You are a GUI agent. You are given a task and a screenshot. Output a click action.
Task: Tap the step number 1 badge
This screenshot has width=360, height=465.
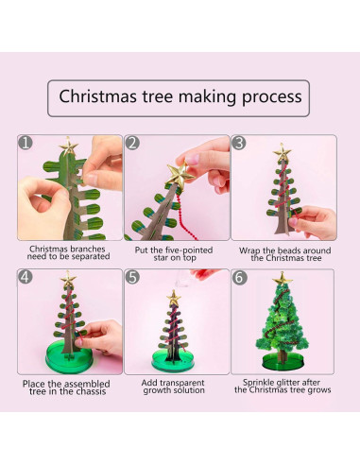click(x=26, y=144)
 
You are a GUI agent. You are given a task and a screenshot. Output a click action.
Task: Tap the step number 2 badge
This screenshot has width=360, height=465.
click(x=133, y=144)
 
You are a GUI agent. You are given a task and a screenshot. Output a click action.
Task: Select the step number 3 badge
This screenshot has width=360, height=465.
click(x=239, y=144)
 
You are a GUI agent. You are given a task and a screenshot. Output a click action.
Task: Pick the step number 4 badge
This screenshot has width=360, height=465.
click(x=26, y=278)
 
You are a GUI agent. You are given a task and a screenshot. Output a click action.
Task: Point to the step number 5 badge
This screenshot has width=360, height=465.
click(x=133, y=278)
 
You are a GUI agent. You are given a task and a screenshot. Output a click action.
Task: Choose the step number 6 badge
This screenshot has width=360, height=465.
click(x=239, y=278)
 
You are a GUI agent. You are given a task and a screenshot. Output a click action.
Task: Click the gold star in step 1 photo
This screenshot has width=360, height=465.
click(x=68, y=147)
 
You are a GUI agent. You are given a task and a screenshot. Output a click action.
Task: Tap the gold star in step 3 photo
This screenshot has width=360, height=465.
click(x=281, y=151)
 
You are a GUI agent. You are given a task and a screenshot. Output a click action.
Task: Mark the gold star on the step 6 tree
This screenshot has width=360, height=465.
click(x=281, y=280)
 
